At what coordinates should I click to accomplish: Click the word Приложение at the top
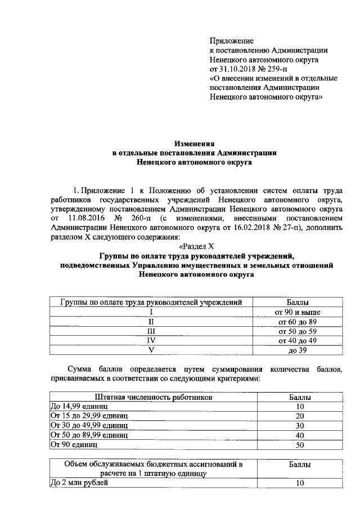click(x=231, y=40)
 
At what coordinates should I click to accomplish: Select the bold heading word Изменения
click(x=195, y=144)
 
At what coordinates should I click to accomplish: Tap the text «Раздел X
click(x=196, y=246)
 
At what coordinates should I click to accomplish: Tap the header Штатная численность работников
click(x=154, y=397)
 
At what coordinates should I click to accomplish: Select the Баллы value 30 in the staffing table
click(x=300, y=425)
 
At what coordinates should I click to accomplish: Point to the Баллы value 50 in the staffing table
click(x=300, y=444)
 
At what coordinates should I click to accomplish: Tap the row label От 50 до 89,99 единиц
click(x=89, y=435)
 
